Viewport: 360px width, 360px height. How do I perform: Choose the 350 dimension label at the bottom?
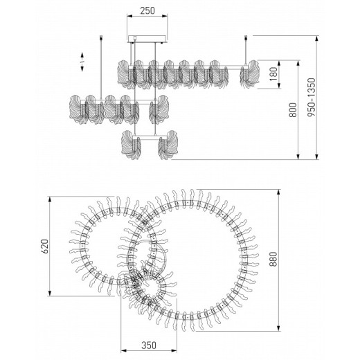145,344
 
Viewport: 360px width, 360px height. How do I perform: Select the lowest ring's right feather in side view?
167,145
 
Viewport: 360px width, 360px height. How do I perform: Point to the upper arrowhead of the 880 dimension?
279,188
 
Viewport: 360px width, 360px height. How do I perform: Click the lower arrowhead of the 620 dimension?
51,294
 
